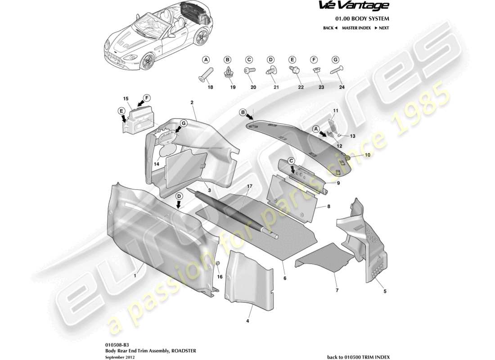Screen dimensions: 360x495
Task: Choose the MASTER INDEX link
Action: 356,28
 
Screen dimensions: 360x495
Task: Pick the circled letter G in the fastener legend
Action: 335,60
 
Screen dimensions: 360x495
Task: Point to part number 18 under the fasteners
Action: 209,88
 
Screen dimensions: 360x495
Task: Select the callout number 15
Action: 126,98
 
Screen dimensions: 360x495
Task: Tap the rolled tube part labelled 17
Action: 234,214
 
